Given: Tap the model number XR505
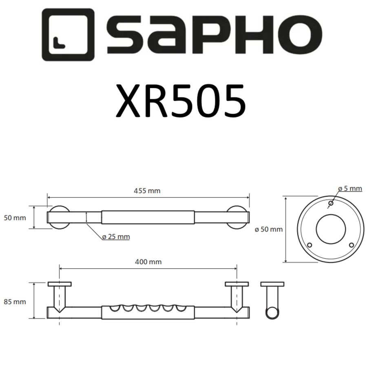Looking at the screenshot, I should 181,100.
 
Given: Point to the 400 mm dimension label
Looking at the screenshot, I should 148,262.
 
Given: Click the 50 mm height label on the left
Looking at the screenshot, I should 15,218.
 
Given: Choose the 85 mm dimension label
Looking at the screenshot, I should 15,302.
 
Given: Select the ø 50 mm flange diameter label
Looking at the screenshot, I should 268,230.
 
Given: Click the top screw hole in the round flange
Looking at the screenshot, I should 331,203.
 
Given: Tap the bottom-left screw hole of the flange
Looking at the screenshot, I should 310,245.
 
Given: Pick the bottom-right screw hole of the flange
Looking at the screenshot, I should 352,245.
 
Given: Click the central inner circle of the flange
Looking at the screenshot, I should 330,229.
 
